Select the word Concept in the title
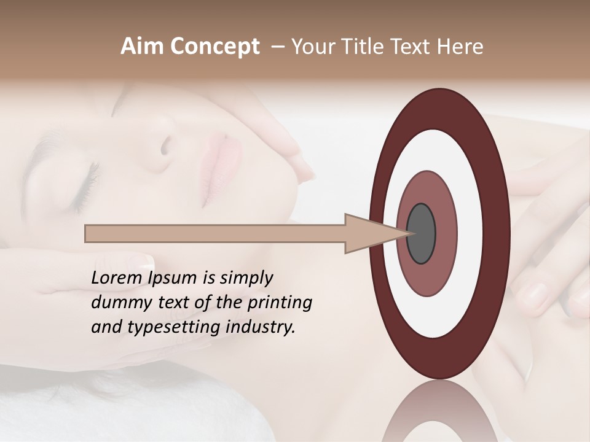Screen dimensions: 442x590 214,47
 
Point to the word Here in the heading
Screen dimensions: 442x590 461,47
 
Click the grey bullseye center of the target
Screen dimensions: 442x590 422,234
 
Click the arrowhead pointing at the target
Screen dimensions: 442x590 369,234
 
